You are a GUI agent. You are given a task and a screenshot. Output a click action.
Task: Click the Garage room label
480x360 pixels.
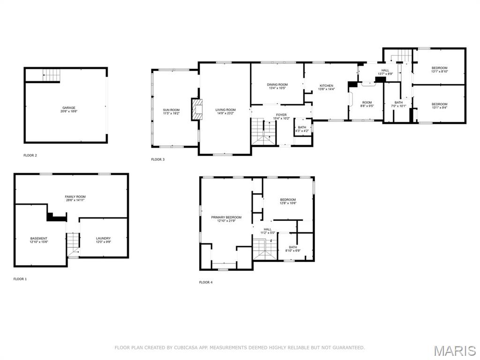(68, 108)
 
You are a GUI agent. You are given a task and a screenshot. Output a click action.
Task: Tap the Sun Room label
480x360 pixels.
(171, 110)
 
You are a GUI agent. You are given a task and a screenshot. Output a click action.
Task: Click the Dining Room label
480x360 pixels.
(277, 84)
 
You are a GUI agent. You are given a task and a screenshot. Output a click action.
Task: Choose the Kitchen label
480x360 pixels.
(326, 86)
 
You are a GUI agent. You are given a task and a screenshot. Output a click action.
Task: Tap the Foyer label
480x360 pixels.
(281, 115)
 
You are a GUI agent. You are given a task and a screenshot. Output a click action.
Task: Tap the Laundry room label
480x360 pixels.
(103, 238)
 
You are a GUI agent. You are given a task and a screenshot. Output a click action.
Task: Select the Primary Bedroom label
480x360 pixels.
(226, 217)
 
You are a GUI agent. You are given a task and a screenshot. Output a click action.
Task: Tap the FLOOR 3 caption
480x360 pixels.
(158, 159)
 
